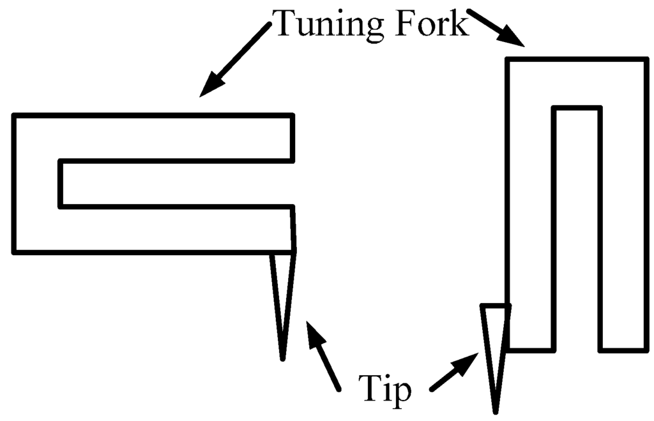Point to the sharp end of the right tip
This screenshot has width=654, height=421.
coord(495,411)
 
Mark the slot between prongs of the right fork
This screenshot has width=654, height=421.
coord(577,230)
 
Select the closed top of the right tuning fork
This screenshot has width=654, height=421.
coord(577,83)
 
